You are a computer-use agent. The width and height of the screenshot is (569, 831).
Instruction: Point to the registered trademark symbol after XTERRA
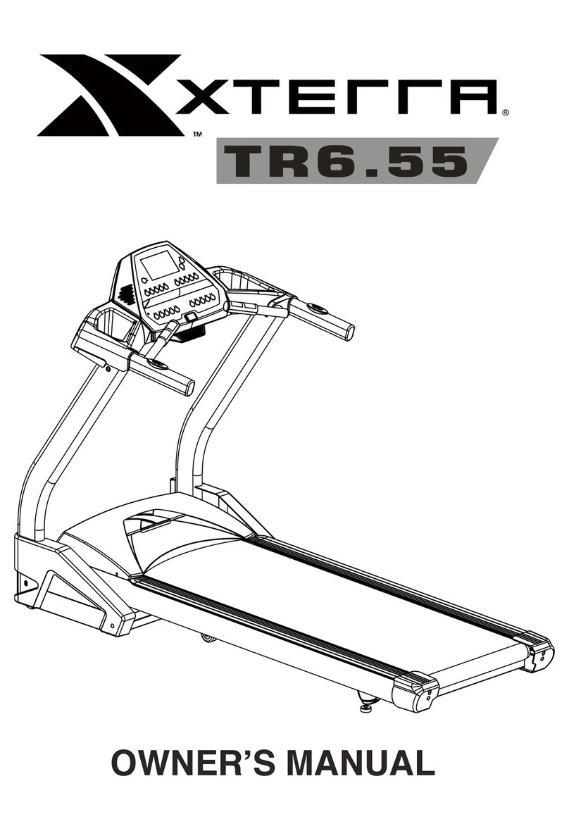pos(505,111)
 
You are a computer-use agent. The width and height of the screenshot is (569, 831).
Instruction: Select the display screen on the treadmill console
pos(159,267)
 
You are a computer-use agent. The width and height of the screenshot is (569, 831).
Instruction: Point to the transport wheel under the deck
pos(206,637)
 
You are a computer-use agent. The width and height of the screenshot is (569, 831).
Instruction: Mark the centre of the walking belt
pos(331,606)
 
